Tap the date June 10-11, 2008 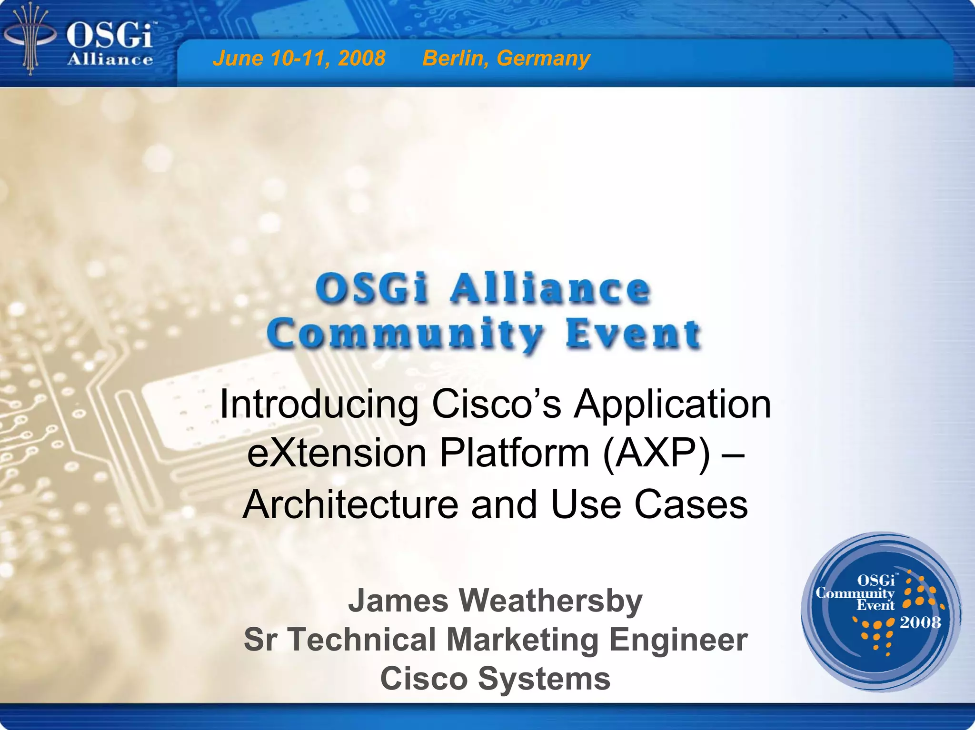coord(298,59)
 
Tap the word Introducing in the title coord(319,404)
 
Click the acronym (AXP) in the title coord(656,454)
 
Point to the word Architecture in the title coord(350,504)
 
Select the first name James coord(398,601)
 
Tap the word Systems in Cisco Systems coord(544,679)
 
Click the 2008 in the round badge coord(920,622)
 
